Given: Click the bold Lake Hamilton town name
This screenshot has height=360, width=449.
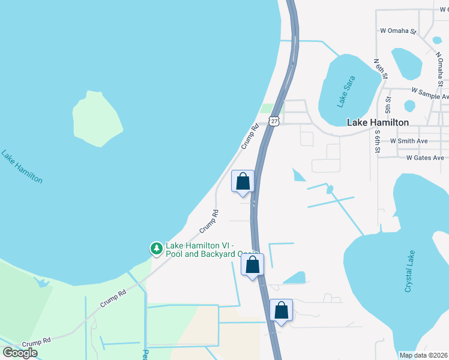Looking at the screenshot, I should pos(378,122).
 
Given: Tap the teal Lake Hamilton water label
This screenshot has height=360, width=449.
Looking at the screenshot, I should pos(22,166).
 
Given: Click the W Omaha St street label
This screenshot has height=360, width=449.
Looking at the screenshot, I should pos(398,31).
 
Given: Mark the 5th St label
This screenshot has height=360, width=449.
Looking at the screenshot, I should pos(388,106).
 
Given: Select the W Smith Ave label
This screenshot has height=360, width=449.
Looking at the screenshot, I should pos(409,141).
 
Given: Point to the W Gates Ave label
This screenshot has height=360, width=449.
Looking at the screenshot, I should pos(425,158).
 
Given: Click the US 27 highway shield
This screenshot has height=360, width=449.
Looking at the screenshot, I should pos(274,121).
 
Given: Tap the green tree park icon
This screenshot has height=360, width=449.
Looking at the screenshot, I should pos(156,248).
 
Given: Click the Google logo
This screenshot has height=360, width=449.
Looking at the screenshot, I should pos(20,353).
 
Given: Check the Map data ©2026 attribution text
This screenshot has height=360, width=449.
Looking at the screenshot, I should pos(423,355).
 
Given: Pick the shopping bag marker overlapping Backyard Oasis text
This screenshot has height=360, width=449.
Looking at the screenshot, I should pos(253,264).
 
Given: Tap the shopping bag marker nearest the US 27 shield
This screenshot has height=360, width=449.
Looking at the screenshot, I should pos(243,181).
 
